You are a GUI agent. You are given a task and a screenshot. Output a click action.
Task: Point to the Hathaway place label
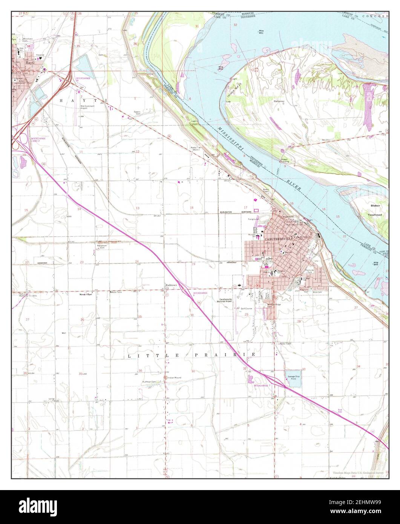tap(279, 102)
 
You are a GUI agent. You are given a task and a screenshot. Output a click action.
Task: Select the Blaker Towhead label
tap(375, 210)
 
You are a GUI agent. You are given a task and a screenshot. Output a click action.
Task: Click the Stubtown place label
tap(171, 285)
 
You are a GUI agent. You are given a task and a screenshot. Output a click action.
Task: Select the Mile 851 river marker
tap(261, 31)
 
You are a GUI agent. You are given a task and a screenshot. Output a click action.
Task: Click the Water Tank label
tap(115, 292)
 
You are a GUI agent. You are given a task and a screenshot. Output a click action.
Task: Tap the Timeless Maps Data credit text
tap(358, 472)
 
